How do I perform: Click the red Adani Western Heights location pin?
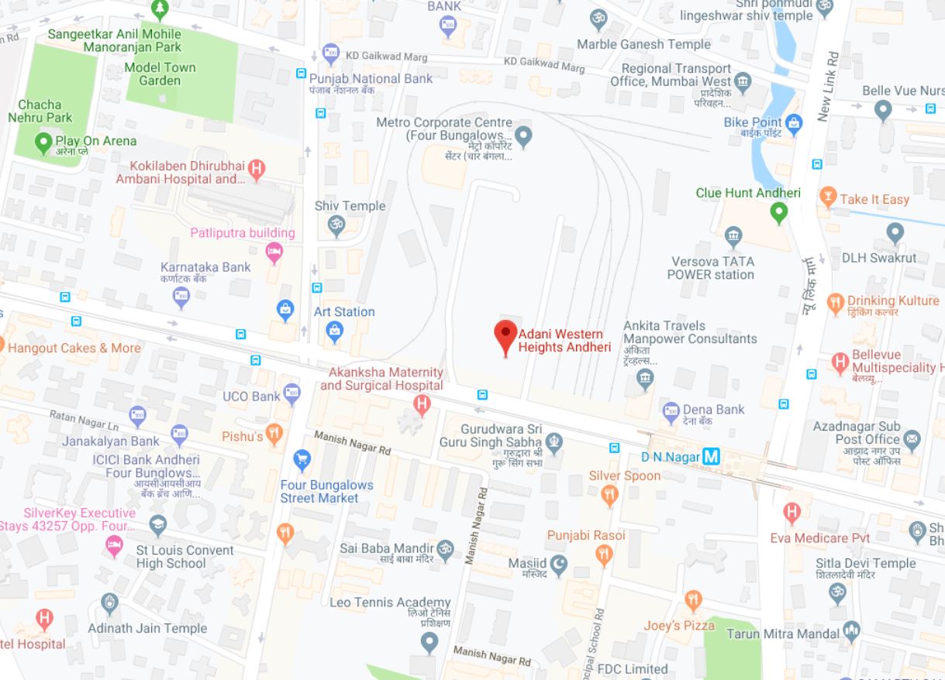(x=505, y=335)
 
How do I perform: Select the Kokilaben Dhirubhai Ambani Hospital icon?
(x=257, y=167)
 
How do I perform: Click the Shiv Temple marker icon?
(x=335, y=226)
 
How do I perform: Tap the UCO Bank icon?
(x=291, y=391)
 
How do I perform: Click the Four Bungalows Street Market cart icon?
(x=302, y=462)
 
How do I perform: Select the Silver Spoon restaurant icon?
(x=610, y=495)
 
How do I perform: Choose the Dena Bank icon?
(x=671, y=412)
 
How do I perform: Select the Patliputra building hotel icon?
(x=274, y=251)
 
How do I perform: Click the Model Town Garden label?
(x=160, y=74)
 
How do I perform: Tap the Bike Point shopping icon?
(x=793, y=122)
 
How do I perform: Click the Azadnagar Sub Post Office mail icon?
(x=912, y=440)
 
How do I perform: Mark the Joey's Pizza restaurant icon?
(x=694, y=600)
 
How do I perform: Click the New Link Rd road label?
(x=829, y=87)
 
